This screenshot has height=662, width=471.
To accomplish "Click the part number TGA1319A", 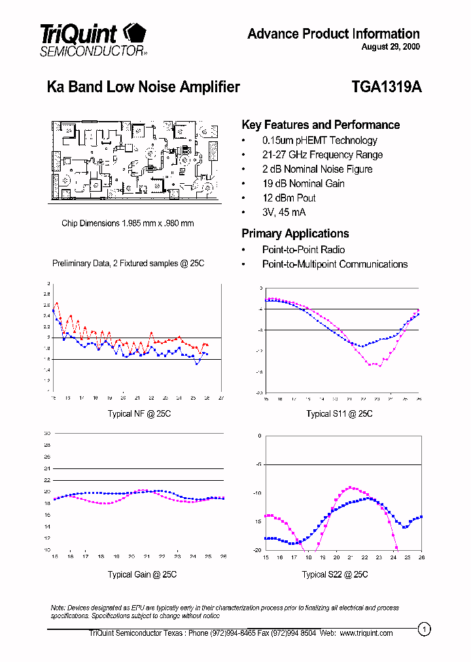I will (x=386, y=87).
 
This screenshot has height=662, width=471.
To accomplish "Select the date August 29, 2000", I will (x=391, y=47).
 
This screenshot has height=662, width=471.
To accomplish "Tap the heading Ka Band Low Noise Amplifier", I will (x=143, y=87).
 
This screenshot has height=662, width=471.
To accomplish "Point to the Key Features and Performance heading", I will (x=321, y=125).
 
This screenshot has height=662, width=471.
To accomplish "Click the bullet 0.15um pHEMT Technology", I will (x=319, y=140).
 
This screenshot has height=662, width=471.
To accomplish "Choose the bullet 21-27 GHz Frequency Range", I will (x=322, y=154).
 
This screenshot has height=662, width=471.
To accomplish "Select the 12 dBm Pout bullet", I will (x=288, y=198).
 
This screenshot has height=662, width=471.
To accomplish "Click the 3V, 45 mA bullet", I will (x=283, y=212).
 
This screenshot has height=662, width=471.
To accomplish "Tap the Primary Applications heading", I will (x=295, y=234).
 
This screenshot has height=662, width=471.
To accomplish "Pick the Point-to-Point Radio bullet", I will (x=303, y=249).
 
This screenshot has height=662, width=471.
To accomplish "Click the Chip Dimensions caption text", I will (x=128, y=223).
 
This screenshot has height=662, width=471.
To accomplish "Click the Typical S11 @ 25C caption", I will (x=339, y=414).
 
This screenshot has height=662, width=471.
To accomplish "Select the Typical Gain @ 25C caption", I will (x=142, y=574).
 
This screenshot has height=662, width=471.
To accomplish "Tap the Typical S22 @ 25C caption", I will (x=334, y=574).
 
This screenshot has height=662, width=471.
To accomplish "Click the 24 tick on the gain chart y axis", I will (x=46, y=468).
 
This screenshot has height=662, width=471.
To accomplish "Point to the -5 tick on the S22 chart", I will (x=259, y=464).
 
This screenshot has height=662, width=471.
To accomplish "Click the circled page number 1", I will (x=425, y=629).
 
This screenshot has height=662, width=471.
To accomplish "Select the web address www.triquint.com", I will (x=366, y=633).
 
